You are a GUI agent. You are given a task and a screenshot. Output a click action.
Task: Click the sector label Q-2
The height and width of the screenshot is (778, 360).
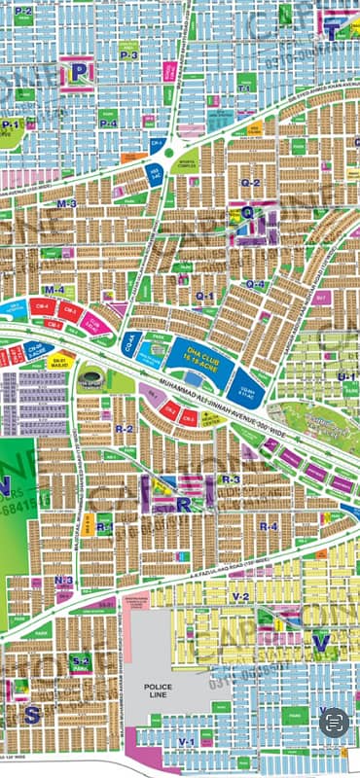point(250,182)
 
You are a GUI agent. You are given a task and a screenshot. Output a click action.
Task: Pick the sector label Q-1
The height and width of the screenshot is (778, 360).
point(204,295)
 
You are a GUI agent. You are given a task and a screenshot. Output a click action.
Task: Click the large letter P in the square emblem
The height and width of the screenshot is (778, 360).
point(78,71)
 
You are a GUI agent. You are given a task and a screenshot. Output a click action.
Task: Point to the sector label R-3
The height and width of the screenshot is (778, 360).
point(231,480)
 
